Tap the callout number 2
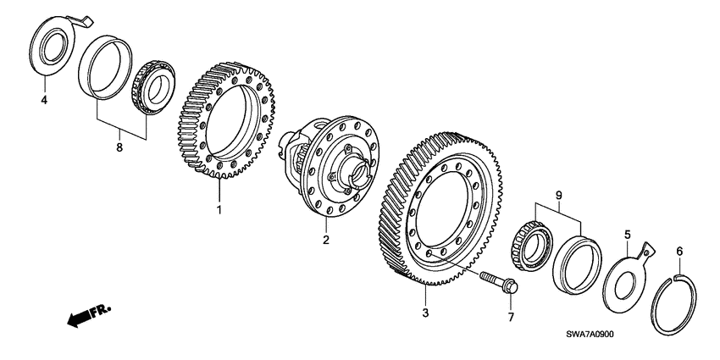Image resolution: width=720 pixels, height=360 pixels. click(x=324, y=240)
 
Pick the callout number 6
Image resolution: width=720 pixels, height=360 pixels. click(x=678, y=252)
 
